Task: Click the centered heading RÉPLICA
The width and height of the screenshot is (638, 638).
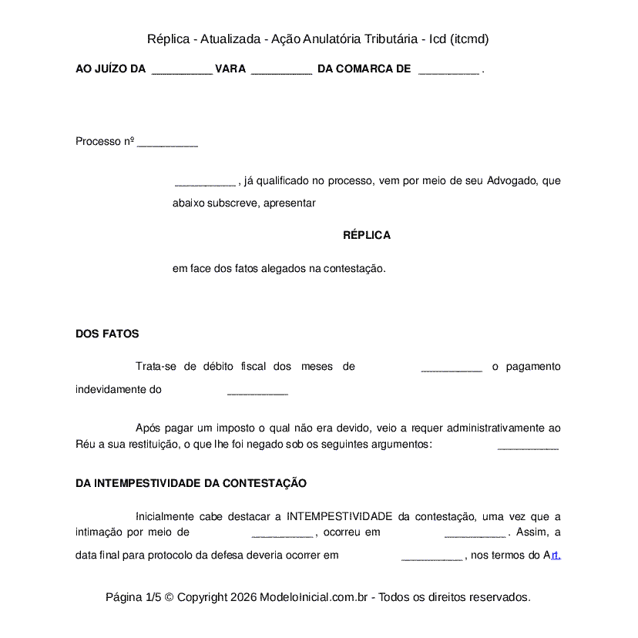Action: click(x=367, y=235)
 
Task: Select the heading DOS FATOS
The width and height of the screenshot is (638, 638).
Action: click(x=107, y=334)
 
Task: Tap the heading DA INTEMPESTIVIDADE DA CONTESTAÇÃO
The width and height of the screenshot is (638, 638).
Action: click(x=191, y=483)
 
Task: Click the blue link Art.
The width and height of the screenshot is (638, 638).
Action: click(x=552, y=555)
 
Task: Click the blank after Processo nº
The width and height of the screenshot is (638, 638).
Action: click(x=167, y=143)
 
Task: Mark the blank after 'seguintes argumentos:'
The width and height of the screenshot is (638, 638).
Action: click(x=528, y=445)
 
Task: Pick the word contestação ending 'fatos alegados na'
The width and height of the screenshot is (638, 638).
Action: click(x=353, y=269)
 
